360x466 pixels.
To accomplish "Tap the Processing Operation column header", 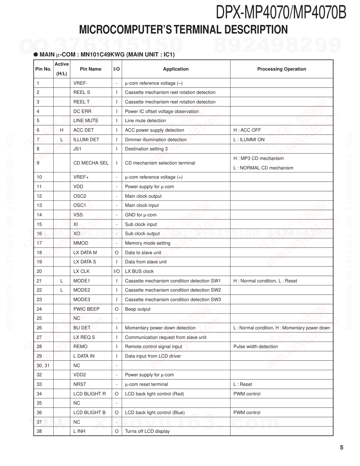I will (x=281, y=69).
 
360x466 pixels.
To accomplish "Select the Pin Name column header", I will (x=90, y=69).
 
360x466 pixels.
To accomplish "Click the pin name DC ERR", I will (x=82, y=111).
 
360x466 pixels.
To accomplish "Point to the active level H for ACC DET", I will (x=61, y=130).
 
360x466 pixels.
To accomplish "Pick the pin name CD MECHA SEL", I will (x=91, y=163).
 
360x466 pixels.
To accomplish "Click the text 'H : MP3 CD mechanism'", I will (x=258, y=159).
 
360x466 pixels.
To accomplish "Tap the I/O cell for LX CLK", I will (x=116, y=271).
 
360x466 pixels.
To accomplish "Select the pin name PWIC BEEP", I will (x=86, y=309).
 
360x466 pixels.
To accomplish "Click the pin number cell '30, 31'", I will (x=43, y=365).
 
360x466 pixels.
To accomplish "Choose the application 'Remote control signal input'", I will (x=153, y=347).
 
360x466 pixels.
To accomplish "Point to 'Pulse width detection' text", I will (x=256, y=347).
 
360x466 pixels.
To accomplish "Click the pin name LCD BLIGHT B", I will (x=89, y=412).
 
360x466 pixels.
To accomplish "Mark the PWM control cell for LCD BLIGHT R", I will (x=247, y=394).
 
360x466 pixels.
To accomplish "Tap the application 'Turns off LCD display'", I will (x=147, y=431).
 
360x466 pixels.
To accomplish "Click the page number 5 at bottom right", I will (x=341, y=448).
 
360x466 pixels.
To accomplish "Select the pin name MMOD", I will (x=81, y=243).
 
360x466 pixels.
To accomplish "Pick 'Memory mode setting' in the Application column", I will (x=148, y=243).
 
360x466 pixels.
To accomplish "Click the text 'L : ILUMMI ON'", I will (x=249, y=139).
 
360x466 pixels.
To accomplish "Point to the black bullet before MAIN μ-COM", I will (x=36, y=55).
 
